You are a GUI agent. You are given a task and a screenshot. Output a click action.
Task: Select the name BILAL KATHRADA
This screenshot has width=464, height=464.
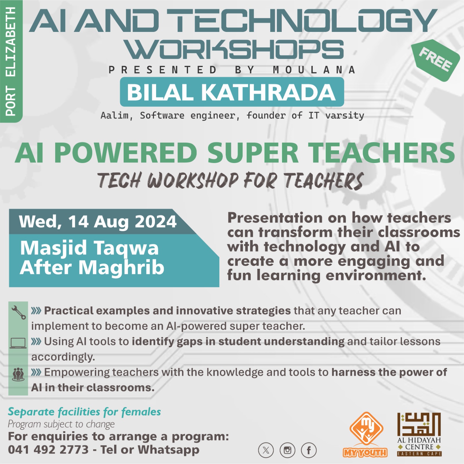click(x=232, y=92)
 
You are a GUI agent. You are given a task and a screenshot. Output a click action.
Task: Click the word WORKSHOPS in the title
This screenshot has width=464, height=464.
click(x=235, y=50)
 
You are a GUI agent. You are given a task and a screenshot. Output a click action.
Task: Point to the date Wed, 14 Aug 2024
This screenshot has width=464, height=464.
click(x=98, y=222)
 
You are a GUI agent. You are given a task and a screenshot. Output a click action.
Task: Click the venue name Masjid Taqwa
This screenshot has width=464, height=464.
click(x=89, y=248)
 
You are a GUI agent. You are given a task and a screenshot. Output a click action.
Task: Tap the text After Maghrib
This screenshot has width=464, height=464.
click(x=92, y=267)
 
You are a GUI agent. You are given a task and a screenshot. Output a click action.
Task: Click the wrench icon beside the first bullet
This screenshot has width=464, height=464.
click(x=18, y=312)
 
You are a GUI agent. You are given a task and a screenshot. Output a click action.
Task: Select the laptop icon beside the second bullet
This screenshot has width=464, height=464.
click(x=18, y=343)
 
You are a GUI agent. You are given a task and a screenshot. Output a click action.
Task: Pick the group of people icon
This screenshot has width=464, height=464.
click(x=18, y=374)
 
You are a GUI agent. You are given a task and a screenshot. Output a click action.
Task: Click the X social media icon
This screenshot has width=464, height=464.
click(x=266, y=450)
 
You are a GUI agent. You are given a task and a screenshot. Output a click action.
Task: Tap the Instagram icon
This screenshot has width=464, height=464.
click(x=287, y=450)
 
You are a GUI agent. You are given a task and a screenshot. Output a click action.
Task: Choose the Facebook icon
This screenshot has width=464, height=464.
click(x=309, y=450)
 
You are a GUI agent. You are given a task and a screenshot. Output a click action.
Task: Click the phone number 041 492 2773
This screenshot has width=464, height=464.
click(x=48, y=450)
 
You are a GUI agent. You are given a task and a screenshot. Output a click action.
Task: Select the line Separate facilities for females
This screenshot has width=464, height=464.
click(x=84, y=412)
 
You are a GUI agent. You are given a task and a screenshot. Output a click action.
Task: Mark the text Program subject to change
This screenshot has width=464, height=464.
click(x=61, y=424)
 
